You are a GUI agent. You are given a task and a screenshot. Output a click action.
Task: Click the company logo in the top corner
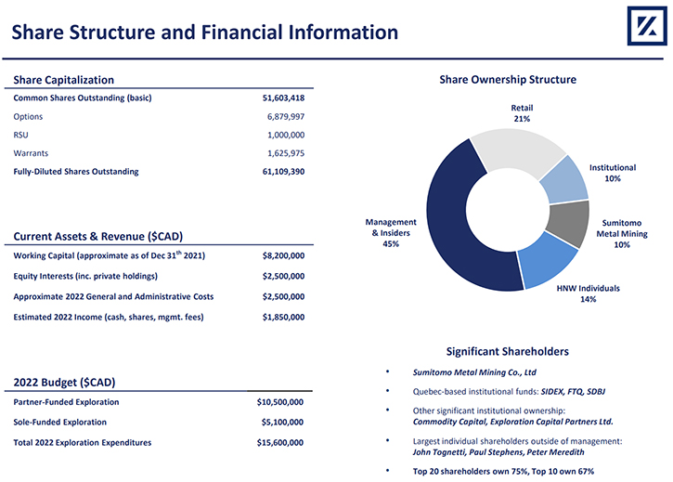click(x=647, y=26)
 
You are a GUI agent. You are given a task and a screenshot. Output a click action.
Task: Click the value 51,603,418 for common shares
click(x=283, y=98)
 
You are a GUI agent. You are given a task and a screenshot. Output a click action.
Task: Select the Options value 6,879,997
click(x=285, y=116)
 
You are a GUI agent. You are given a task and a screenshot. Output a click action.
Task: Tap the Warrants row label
click(x=31, y=153)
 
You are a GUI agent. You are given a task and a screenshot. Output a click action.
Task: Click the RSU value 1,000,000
click(x=285, y=135)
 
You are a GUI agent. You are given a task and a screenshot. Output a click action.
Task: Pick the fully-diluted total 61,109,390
click(x=283, y=172)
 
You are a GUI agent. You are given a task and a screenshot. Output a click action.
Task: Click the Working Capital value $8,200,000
click(x=283, y=255)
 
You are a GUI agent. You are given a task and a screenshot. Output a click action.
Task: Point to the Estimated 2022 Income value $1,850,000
click(x=283, y=317)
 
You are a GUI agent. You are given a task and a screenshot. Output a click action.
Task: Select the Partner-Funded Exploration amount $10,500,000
click(x=279, y=402)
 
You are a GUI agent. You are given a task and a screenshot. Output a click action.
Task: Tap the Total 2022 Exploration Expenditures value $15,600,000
click(x=279, y=442)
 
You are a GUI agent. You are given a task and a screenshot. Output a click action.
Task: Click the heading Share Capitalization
click(x=63, y=80)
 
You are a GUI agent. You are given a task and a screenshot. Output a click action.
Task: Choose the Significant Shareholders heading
click(x=508, y=351)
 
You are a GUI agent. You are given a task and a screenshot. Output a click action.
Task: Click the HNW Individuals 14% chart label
click(x=588, y=293)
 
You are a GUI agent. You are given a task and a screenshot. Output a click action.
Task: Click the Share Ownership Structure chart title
click(x=508, y=80)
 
